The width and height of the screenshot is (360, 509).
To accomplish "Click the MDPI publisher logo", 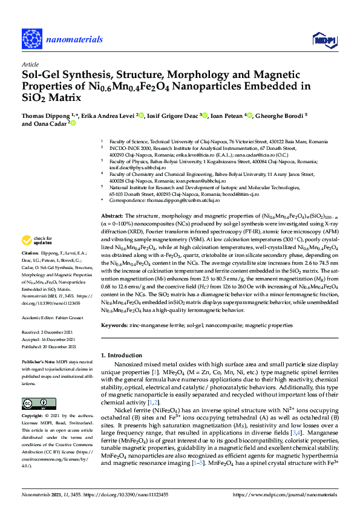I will coord(324,40).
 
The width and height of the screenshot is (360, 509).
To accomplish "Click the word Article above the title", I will coord(30,65).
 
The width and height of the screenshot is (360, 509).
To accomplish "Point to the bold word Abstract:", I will coord(112,216).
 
